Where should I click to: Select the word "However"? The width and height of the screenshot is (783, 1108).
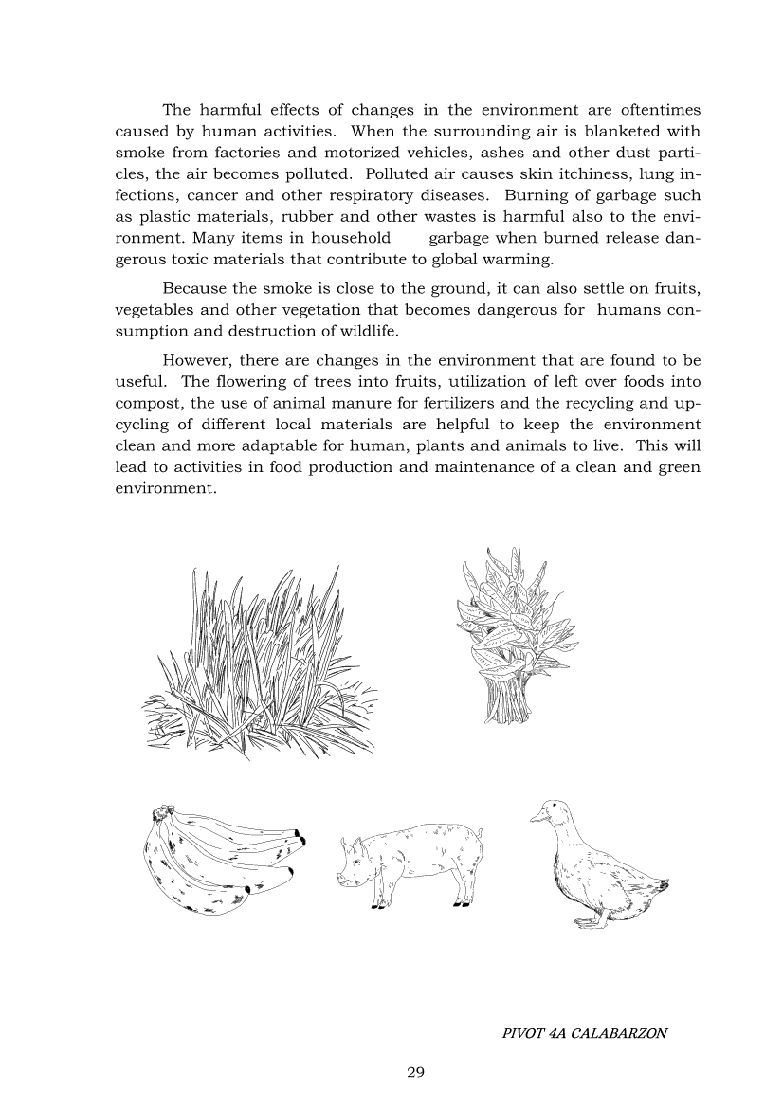[x=196, y=360]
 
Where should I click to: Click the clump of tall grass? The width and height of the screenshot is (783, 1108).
[x=256, y=663]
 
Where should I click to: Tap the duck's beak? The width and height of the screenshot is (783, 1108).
[x=536, y=817]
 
